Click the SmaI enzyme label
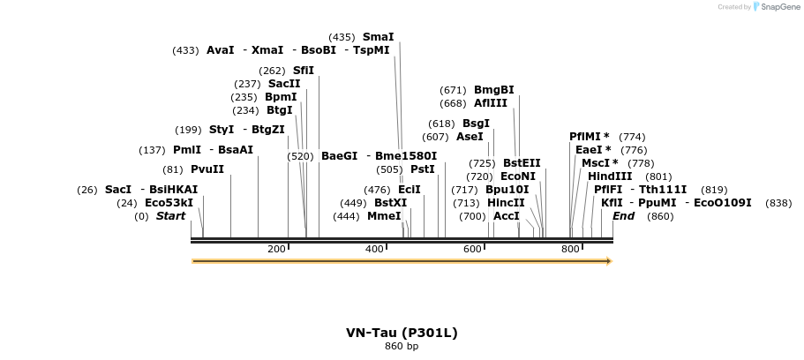[x=379, y=37]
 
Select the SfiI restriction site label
[x=303, y=71]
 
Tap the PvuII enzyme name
[x=207, y=169]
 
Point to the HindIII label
[x=610, y=176]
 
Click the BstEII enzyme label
[x=522, y=163]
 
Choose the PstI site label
[x=423, y=169]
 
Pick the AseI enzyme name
[x=470, y=137]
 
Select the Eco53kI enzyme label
[x=169, y=203]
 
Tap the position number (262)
[x=272, y=71]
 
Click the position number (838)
[x=778, y=204]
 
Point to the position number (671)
[x=453, y=91]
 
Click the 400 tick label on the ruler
[x=375, y=249]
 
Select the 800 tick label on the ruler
[x=571, y=249]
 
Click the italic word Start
[x=170, y=216]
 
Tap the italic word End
[x=623, y=216]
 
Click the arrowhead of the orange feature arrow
[x=609, y=261]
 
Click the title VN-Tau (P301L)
[x=402, y=333]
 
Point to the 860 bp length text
[x=402, y=346]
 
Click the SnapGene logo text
[x=780, y=7]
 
